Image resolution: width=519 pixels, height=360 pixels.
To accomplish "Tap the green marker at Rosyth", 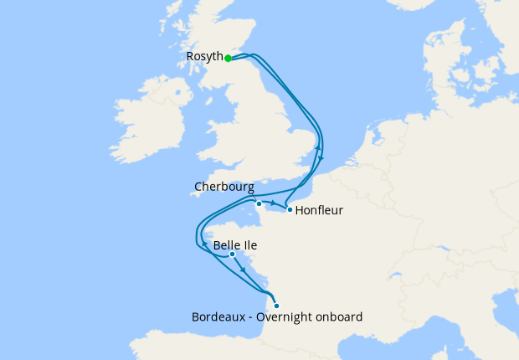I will (x=228, y=59).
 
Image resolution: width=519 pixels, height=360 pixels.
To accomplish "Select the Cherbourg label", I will (x=224, y=187).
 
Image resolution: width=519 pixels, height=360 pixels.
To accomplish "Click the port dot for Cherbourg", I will (x=259, y=203).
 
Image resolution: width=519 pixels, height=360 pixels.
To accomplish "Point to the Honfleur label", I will (x=319, y=210).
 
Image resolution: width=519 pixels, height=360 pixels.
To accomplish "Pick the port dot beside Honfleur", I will (x=290, y=210).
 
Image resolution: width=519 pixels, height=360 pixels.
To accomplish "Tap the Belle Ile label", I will (x=235, y=246).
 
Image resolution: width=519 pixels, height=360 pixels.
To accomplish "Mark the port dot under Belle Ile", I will (x=232, y=255).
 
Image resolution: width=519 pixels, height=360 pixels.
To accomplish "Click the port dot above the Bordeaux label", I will (x=276, y=306).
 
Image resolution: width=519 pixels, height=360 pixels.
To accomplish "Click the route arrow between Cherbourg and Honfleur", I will (x=275, y=203).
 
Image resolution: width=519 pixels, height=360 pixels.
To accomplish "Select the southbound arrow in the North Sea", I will (x=322, y=162).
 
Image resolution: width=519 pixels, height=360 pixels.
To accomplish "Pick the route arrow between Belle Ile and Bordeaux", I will (x=243, y=270).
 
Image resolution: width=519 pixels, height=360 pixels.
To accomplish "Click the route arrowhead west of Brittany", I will (x=203, y=244).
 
